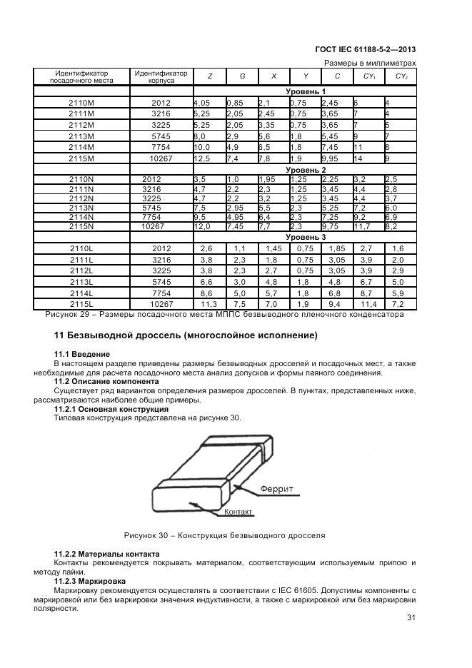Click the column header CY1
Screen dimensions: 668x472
click(x=369, y=76)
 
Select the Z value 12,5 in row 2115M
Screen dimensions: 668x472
click(x=202, y=158)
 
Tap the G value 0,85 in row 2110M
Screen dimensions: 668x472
click(x=236, y=103)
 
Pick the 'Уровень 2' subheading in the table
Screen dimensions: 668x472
click(x=306, y=170)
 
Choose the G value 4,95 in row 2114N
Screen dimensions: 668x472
click(x=236, y=217)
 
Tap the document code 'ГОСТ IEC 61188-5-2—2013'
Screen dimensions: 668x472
click(x=365, y=50)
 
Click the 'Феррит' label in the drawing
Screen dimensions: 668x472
click(x=277, y=489)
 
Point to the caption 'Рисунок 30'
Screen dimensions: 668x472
click(x=224, y=535)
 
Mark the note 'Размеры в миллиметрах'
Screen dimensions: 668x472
click(x=370, y=63)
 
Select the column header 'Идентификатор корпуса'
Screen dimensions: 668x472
click(x=161, y=76)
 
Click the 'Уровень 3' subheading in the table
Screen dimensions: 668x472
click(x=306, y=237)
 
